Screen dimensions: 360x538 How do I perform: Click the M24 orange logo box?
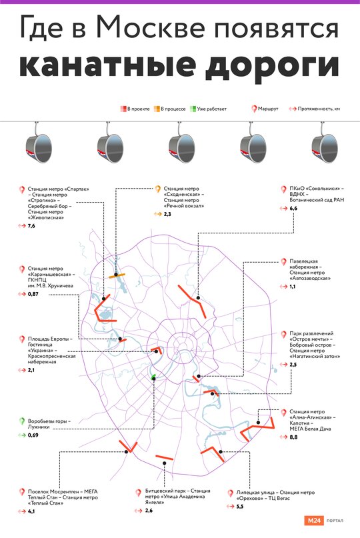pos(314,521)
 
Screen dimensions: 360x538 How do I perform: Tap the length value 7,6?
pos(31,226)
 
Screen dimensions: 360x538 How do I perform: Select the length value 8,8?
pos(293,437)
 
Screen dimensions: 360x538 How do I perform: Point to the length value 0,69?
pos(33,435)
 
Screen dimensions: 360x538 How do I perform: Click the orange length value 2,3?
pos(167,214)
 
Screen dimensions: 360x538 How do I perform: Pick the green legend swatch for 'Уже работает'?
pos(193,109)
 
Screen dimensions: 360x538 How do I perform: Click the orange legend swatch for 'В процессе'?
pos(157,109)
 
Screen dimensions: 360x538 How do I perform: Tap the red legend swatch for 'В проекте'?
pos(123,109)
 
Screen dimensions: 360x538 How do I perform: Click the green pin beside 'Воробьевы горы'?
pos(21,421)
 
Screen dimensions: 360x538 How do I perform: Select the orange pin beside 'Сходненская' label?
pos(157,189)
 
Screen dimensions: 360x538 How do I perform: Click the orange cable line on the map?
pos(117,275)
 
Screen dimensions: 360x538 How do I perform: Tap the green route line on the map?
pos(153,377)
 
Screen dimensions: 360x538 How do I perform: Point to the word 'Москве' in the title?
pos(151,28)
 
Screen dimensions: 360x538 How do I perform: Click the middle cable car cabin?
pos(181,147)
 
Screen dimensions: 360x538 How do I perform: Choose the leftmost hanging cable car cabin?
pos(39,147)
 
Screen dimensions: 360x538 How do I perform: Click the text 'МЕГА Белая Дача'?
pos(310,429)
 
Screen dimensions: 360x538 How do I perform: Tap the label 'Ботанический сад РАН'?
pos(317,200)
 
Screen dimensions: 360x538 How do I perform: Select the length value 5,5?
pos(240,507)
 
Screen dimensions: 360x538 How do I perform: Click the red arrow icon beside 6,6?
pos(283,208)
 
